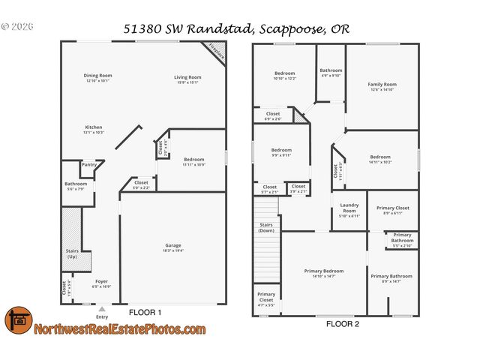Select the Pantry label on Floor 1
[89, 165]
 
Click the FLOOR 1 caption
[145, 312]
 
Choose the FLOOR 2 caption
[343, 324]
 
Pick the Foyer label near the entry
[101, 283]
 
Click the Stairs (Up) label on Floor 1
[72, 254]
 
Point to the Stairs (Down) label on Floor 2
[266, 227]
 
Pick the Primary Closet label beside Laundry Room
[392, 211]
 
